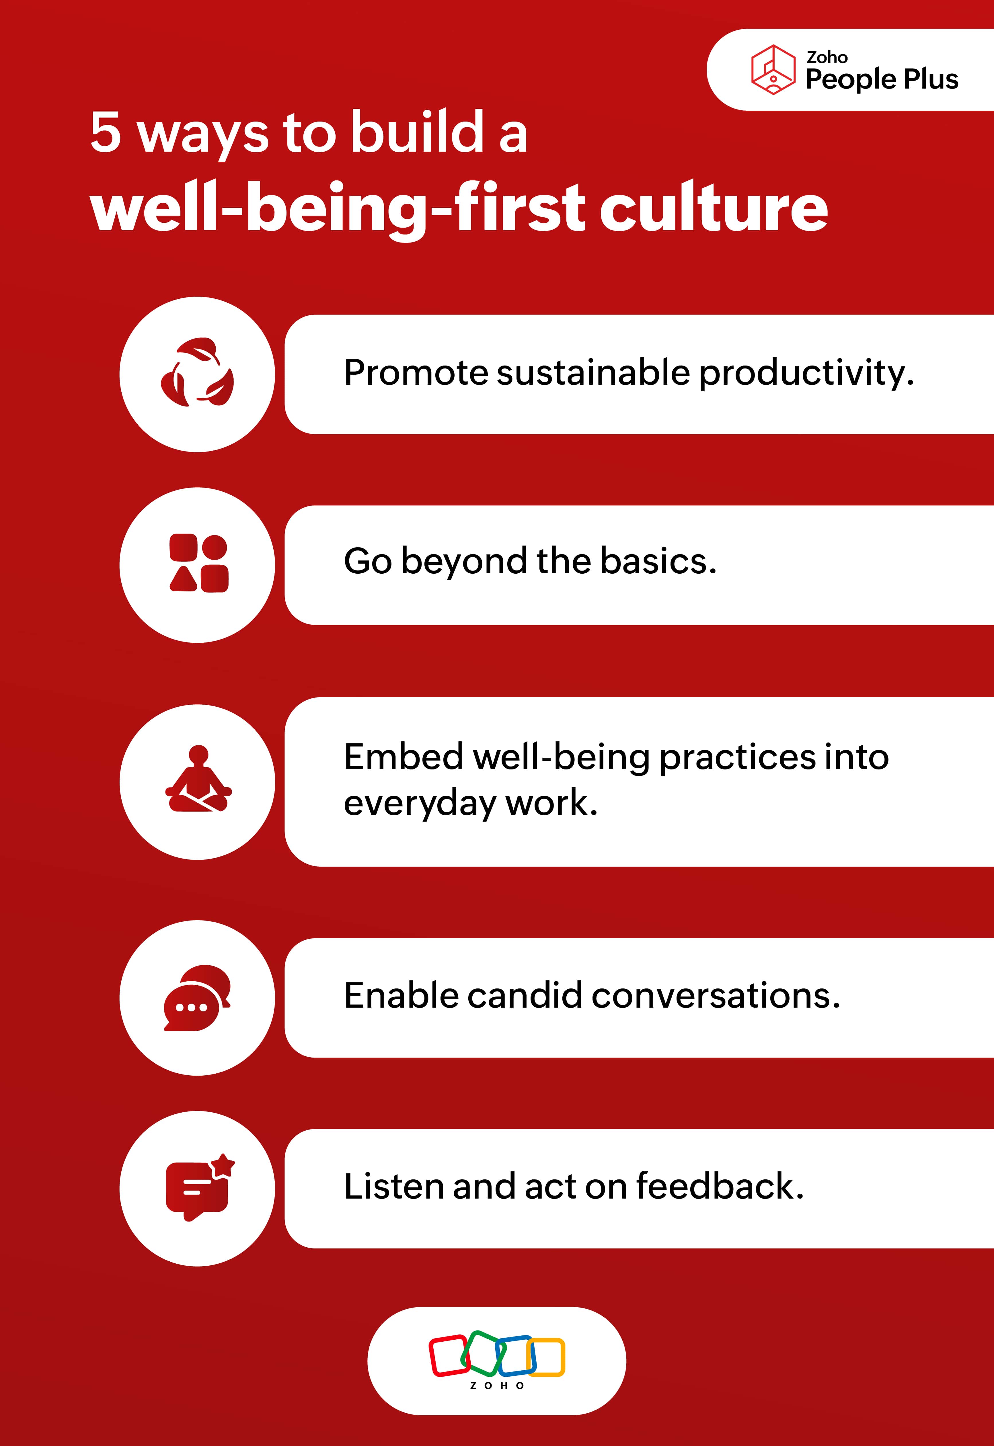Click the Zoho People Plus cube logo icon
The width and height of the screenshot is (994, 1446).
[773, 70]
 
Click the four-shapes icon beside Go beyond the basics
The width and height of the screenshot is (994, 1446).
[199, 563]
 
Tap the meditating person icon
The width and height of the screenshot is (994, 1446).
[198, 779]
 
